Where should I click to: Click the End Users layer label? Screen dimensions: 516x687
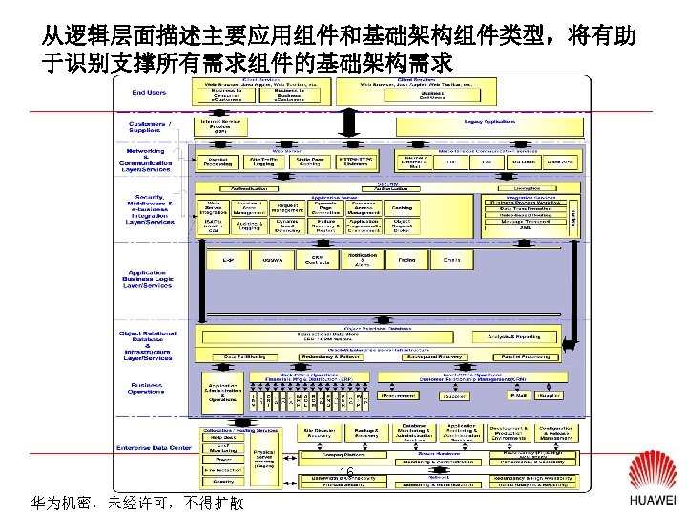[x=149, y=93]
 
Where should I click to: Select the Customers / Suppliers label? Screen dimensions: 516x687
[x=151, y=127]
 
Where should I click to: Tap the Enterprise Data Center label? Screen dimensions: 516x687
[x=151, y=448]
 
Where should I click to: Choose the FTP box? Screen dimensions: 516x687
[x=451, y=162]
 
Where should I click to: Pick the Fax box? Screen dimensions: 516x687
[x=487, y=162]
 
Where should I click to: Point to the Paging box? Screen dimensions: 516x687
[x=407, y=259]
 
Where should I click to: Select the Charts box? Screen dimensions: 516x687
[x=451, y=259]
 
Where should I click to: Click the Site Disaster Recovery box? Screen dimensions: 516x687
[x=319, y=432]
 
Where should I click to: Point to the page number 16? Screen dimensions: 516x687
[x=347, y=475]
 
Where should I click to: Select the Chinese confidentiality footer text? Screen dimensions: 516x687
[x=136, y=502]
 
